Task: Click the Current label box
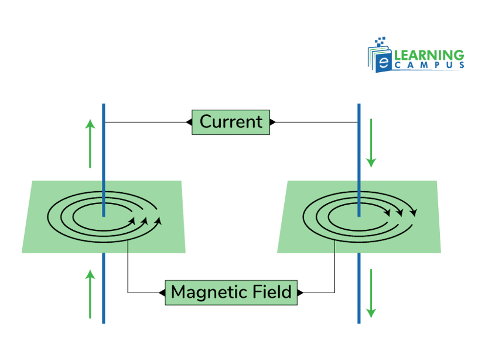pos(231,122)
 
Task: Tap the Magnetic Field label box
pos(231,292)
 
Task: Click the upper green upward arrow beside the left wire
pos(90,142)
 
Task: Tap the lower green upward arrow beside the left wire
pos(90,293)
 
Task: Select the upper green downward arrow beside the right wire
pos(370,142)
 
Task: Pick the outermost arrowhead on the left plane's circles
pos(157,220)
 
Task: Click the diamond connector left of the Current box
pos(189,122)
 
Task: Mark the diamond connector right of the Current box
pos(272,122)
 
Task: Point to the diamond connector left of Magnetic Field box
pos(162,292)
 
